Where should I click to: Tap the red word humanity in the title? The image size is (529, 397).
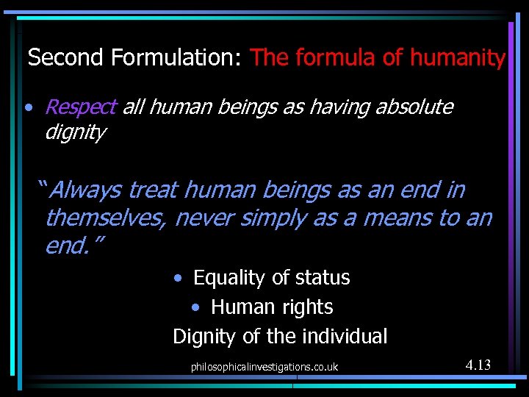click(458, 57)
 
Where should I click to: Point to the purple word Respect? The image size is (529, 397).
click(80, 107)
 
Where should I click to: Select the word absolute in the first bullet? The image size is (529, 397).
click(414, 107)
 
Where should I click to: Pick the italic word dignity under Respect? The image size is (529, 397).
click(75, 133)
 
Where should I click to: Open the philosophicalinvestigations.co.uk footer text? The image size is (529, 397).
click(264, 366)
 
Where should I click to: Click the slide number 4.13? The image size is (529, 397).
click(478, 365)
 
